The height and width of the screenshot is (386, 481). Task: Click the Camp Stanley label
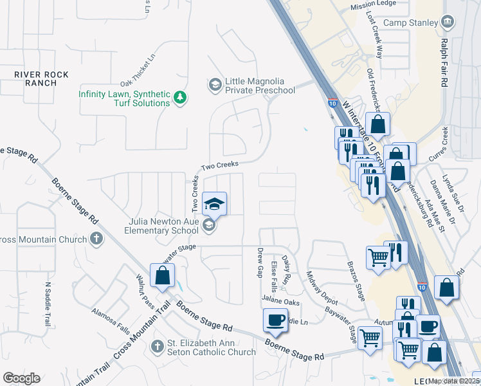413,23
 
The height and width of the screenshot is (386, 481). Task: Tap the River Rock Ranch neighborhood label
42,78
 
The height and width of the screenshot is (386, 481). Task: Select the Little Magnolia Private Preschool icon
214,84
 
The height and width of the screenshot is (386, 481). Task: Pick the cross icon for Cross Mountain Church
96,239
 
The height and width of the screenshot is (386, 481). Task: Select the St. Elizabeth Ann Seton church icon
157,346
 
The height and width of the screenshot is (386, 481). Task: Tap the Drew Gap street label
260,263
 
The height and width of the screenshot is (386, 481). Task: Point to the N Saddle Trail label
47,304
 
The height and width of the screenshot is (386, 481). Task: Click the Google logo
21,378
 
